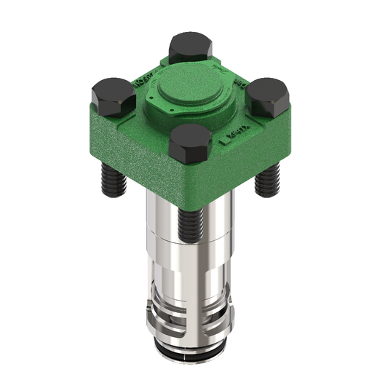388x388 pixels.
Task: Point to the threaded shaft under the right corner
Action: click(266, 178)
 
